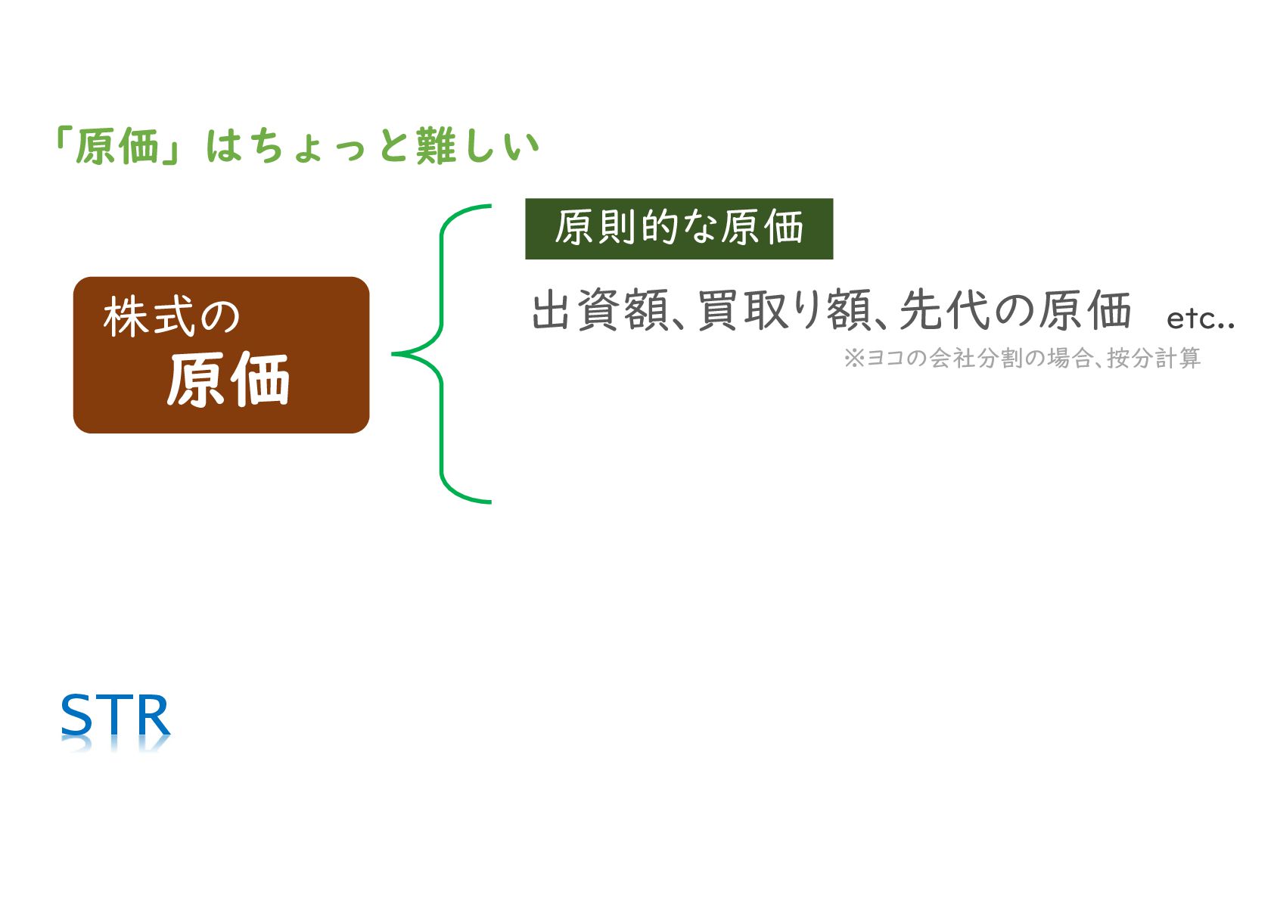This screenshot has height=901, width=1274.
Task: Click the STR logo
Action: (115, 716)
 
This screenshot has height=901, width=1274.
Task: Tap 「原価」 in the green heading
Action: (118, 146)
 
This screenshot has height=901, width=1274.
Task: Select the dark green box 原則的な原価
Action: (679, 228)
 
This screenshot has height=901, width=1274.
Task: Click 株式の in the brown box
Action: (172, 316)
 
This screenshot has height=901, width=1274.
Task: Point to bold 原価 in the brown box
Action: (228, 380)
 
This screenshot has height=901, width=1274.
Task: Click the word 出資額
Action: (599, 311)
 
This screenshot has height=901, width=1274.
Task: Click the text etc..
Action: (1200, 318)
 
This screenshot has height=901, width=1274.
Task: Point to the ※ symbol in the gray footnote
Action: (853, 358)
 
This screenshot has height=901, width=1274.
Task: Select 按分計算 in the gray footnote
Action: (1154, 358)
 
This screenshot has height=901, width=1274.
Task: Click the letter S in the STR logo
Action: (76, 716)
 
